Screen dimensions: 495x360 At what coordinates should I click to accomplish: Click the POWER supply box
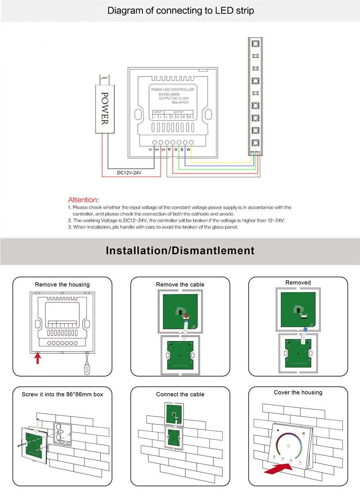(104, 108)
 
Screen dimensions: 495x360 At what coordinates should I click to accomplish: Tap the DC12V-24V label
(129, 172)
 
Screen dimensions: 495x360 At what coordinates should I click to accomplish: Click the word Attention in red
(83, 199)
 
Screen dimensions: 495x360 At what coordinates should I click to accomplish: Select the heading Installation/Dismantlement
(180, 251)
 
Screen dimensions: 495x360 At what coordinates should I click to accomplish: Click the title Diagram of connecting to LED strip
(180, 11)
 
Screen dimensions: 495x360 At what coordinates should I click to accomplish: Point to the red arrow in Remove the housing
(38, 358)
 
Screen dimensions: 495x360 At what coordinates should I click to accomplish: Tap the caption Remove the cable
(180, 284)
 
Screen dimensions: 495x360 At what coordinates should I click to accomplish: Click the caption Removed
(298, 283)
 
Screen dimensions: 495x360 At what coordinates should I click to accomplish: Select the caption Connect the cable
(180, 394)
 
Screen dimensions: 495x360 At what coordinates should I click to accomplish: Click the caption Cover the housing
(298, 392)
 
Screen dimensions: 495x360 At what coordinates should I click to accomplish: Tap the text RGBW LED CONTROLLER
(172, 90)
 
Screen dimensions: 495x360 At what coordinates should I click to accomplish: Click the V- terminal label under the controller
(151, 149)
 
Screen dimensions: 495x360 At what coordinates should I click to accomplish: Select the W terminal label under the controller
(188, 149)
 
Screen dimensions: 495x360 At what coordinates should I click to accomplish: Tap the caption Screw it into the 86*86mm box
(62, 394)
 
